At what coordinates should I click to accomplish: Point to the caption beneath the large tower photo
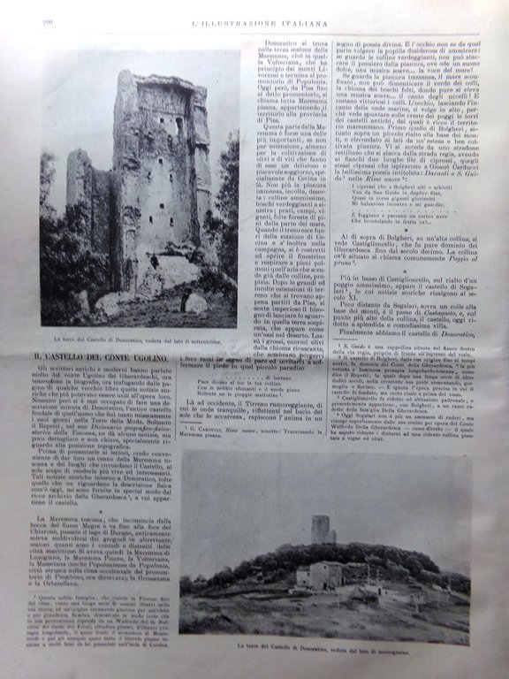point(139,339)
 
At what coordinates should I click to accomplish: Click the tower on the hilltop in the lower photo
point(322,527)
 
